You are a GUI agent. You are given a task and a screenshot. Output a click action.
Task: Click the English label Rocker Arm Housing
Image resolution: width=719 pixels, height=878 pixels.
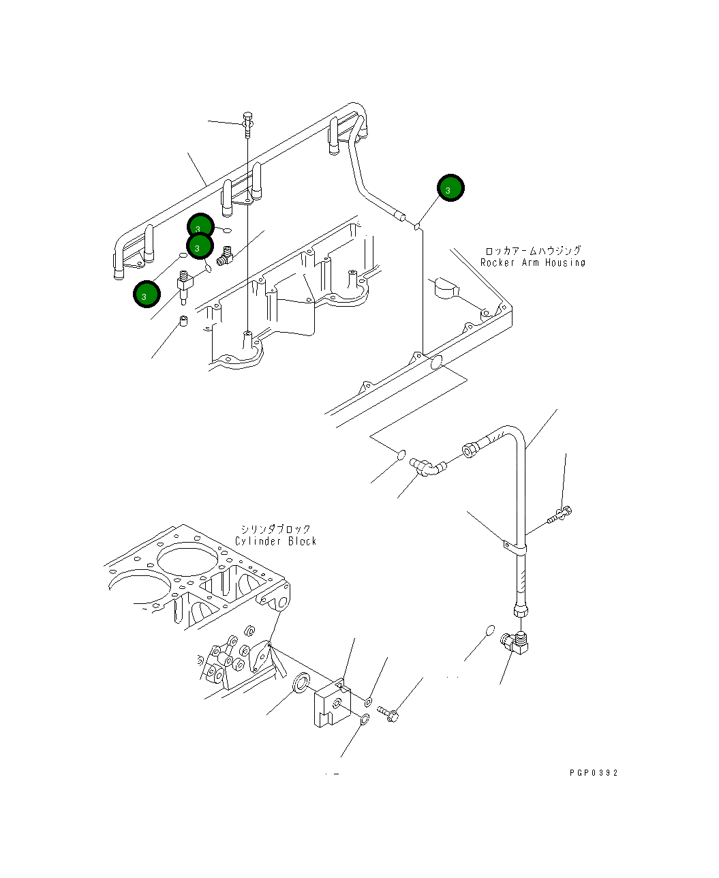click(x=532, y=262)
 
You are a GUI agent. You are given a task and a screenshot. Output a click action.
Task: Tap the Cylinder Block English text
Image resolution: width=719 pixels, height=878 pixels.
click(x=275, y=541)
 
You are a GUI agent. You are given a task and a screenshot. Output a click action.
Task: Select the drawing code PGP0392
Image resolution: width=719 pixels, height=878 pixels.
click(x=594, y=773)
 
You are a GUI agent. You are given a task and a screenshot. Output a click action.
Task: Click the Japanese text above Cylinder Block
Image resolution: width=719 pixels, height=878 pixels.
click(x=275, y=529)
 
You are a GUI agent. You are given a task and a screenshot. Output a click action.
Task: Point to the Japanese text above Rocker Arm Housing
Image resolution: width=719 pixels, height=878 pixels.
click(x=533, y=251)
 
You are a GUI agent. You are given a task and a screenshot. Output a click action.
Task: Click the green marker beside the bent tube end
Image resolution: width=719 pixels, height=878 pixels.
click(x=450, y=188)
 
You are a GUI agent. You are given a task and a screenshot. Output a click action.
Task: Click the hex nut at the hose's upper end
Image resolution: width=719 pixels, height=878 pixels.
click(x=470, y=449)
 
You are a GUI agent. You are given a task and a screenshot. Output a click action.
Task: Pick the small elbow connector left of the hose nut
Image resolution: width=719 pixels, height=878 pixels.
click(x=427, y=467)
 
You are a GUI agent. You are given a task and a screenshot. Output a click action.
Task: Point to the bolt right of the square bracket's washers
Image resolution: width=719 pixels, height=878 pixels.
click(x=389, y=714)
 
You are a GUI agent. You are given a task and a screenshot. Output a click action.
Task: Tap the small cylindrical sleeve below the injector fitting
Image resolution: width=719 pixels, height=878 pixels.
click(x=183, y=322)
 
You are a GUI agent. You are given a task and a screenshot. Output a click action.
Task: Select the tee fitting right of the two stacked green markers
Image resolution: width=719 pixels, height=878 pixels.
click(x=225, y=257)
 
